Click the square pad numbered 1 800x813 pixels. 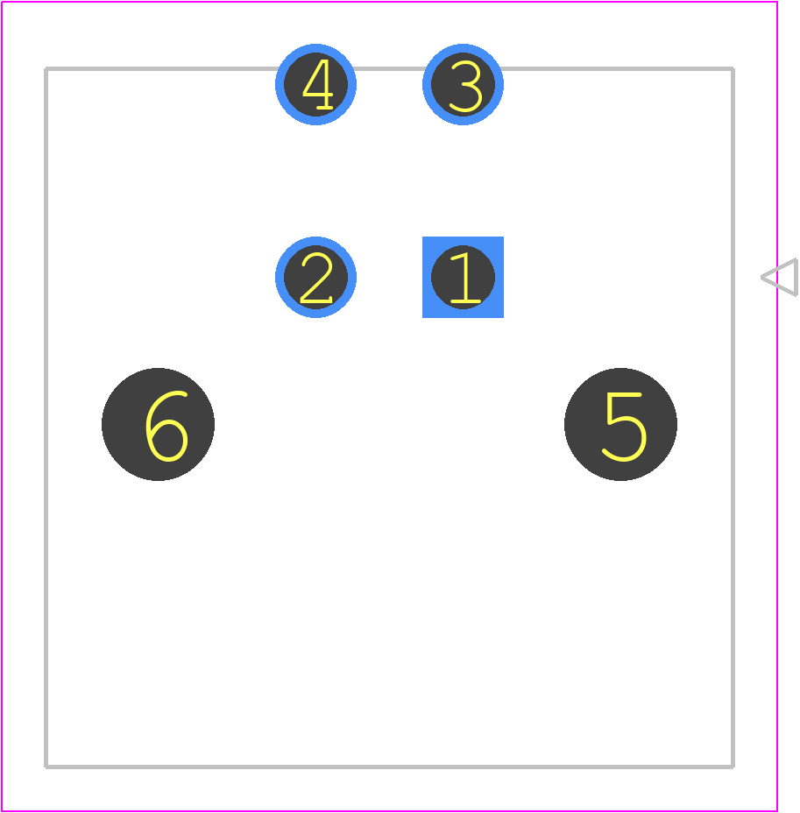pos(463,277)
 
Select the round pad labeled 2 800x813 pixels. pos(315,277)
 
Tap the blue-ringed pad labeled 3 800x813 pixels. pos(463,84)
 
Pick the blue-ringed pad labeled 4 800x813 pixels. pos(315,84)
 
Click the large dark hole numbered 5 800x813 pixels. pos(620,424)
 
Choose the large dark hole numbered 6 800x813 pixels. pos(158,424)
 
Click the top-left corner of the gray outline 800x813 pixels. pos(46,68)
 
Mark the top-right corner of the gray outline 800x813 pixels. pos(733,68)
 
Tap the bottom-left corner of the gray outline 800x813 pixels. pos(46,767)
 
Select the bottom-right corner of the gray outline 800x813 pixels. pos(733,767)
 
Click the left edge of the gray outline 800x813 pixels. pos(46,417)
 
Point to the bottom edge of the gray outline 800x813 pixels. pos(389,767)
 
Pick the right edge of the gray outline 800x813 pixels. pos(733,417)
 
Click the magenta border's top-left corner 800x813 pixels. pos(2,2)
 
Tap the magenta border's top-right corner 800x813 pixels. pos(777,2)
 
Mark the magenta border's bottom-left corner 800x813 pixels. pos(2,811)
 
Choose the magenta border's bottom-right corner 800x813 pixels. pos(777,811)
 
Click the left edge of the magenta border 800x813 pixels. pos(2,406)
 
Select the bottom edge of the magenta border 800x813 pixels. pos(389,811)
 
